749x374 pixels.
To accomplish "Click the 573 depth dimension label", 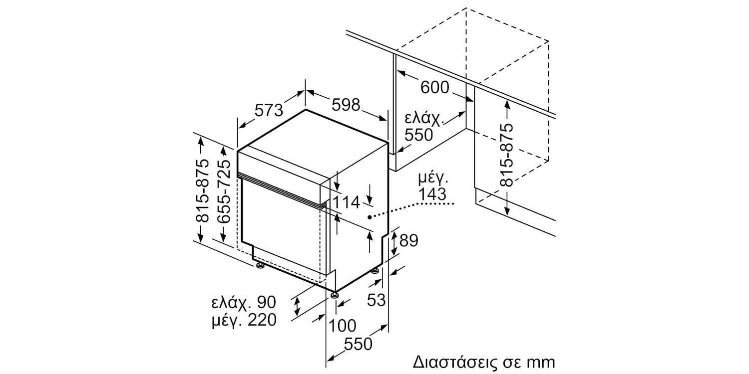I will coord(269,110).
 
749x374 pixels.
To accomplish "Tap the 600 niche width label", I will coord(434,88).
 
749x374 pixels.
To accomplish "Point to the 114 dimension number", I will coord(347,202).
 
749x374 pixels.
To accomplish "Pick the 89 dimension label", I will coord(408,241).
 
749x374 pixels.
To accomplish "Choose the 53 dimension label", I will coord(377,300).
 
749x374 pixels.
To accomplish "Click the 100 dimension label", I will coord(343,326).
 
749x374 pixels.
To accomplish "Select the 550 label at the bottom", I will coord(358,344).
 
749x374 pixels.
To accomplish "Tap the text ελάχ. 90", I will coord(243,302).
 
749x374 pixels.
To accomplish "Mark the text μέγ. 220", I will coord(243,320).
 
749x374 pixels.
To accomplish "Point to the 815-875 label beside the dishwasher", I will coord(202,191).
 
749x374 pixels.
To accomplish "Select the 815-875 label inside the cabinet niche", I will coord(507,155).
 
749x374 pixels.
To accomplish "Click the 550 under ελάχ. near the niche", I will coord(418,135).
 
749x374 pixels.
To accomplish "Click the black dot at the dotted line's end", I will coord(370,217).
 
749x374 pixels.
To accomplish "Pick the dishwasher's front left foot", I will coord(260,268).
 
